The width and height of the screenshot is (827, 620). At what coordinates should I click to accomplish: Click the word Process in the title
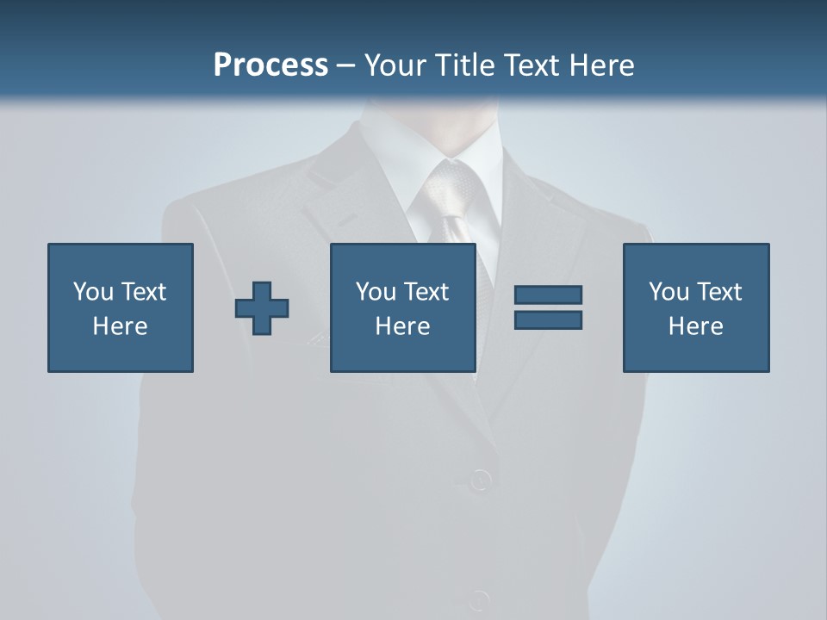point(270,65)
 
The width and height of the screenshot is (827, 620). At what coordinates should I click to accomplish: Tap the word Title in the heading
point(463,65)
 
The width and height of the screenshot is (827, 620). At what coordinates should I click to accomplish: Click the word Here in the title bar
point(601,65)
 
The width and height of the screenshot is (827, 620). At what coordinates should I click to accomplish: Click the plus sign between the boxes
point(262,308)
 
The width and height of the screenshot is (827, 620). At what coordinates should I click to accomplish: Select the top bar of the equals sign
point(548,294)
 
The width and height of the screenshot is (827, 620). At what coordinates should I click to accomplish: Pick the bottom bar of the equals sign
point(548,319)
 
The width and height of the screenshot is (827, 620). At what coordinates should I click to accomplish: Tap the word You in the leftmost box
point(93,292)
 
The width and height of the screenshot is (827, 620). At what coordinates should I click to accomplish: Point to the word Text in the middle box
point(426,292)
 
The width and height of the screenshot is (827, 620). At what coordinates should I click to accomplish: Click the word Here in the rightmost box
point(696,326)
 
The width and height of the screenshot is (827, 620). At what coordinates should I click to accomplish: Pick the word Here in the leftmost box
point(121,326)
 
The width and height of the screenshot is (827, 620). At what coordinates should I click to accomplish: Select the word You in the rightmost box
point(668,292)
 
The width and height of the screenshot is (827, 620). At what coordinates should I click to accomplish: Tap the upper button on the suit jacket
point(480,479)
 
